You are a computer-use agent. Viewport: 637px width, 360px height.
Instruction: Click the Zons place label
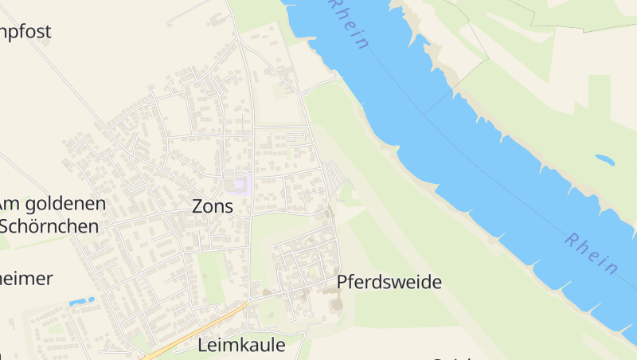tap(213, 206)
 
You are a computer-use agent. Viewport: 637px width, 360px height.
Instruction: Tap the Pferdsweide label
tap(389, 282)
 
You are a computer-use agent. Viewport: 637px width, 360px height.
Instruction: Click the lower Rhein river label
tap(592, 253)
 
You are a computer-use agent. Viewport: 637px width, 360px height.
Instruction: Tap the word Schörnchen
tap(49, 225)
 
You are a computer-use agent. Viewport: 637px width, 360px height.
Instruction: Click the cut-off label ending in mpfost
tap(25, 33)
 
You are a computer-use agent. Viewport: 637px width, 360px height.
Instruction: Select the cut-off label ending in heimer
tap(26, 278)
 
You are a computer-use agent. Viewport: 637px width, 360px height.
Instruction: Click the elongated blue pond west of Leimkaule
tap(81, 302)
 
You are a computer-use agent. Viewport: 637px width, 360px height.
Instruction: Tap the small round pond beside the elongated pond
tap(93, 299)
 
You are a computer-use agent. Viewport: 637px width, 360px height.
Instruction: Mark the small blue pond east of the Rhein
tap(605, 159)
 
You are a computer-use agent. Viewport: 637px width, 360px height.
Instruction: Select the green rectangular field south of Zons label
tap(211, 275)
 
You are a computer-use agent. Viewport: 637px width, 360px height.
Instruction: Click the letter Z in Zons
tap(198, 206)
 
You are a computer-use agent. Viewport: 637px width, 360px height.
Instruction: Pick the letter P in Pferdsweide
tap(343, 282)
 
